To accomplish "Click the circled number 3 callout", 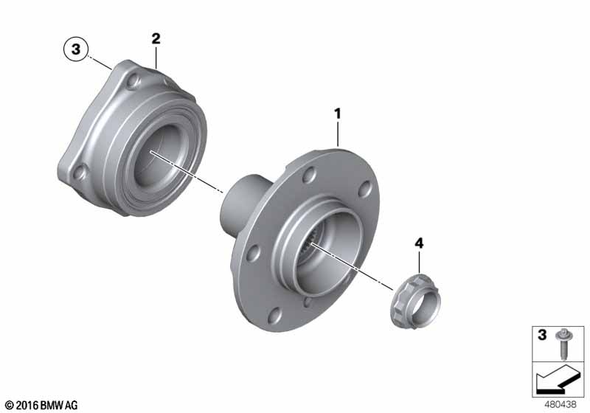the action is pos(76,49).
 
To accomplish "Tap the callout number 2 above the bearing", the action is pos(156,38).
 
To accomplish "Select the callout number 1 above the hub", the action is pos(338,114).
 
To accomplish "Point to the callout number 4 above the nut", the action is pos(419,243).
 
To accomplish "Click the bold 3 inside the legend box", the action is pos(542,334).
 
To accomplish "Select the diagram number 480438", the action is pos(560,404).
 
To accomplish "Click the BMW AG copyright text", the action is pos(41,405).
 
